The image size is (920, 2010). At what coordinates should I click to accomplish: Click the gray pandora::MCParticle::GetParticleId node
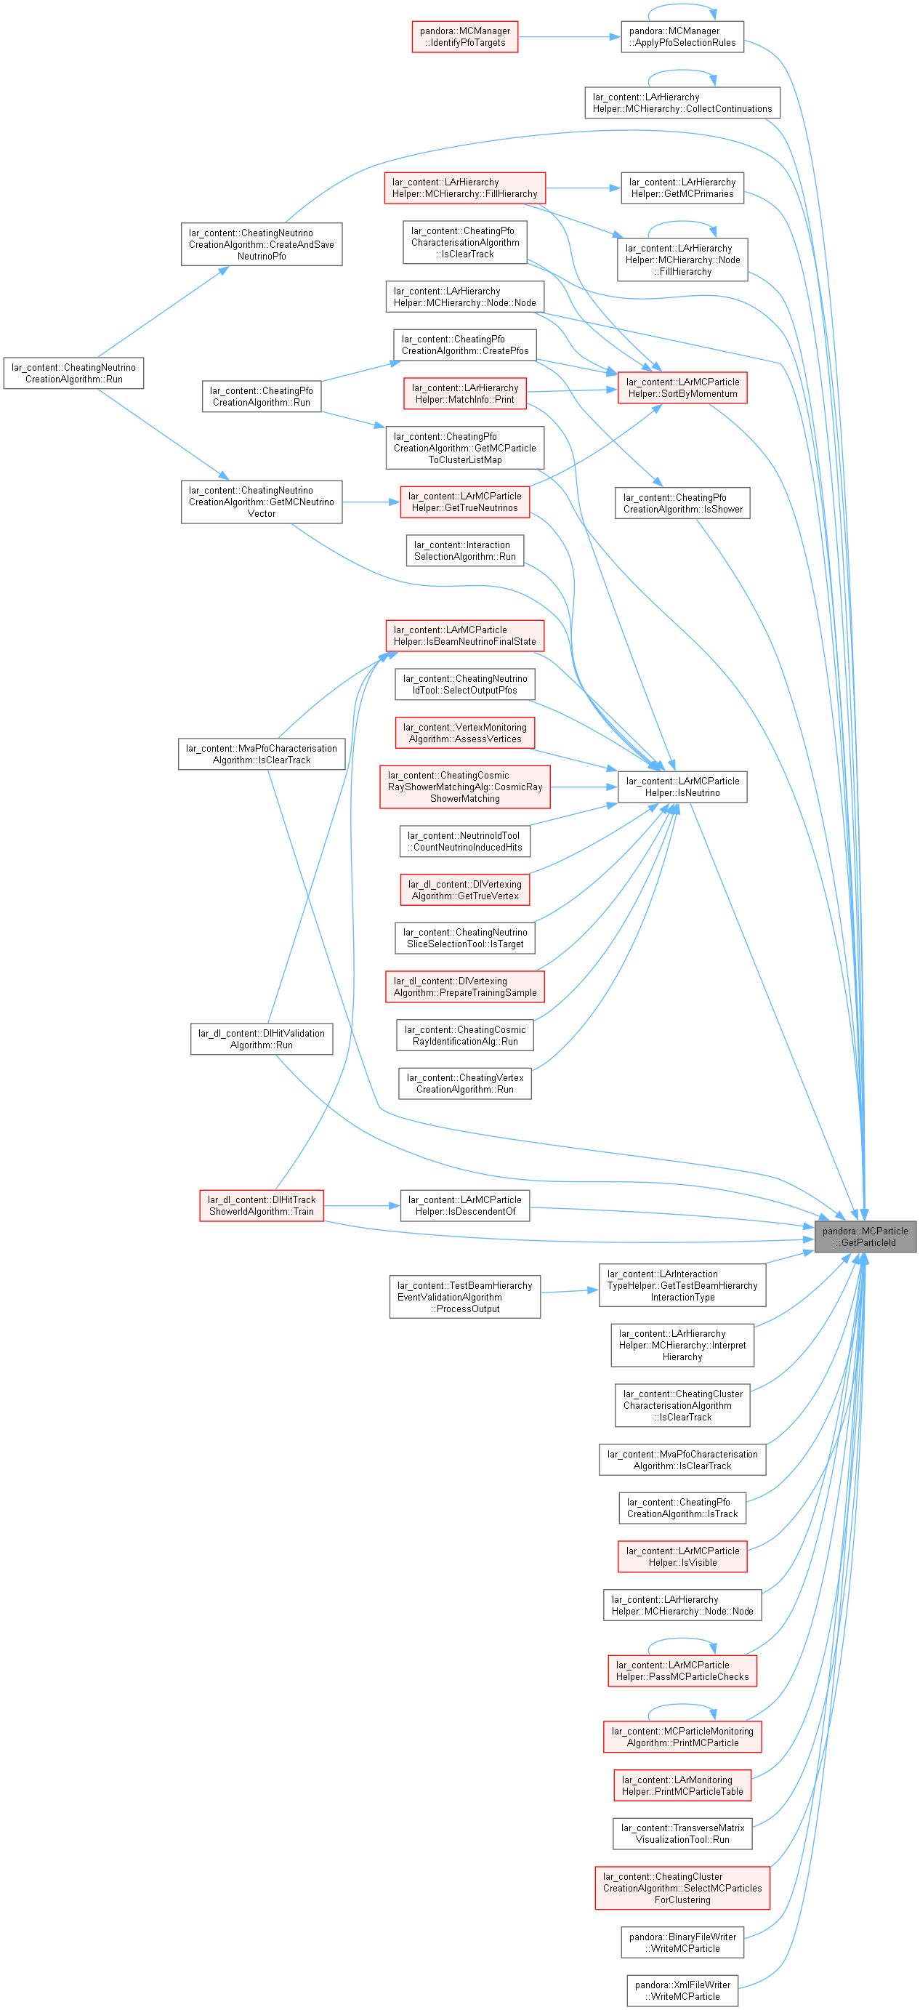click(865, 1237)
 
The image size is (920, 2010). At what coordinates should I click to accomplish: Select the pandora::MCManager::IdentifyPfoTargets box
click(465, 36)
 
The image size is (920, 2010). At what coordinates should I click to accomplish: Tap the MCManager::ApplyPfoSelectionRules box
click(682, 36)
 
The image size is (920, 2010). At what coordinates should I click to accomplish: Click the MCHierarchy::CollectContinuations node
click(682, 103)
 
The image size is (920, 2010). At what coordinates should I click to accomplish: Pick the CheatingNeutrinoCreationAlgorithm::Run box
click(73, 373)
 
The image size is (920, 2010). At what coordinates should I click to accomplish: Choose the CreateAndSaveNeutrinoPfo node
click(262, 244)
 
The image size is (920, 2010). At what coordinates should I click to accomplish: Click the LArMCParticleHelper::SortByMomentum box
click(682, 387)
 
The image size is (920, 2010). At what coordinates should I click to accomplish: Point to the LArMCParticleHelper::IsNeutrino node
click(682, 787)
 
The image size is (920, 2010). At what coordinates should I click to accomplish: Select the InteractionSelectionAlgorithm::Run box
click(465, 550)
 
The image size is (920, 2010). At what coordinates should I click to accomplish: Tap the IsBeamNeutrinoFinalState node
click(465, 635)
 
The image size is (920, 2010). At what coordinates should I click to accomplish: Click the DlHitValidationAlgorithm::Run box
click(262, 1039)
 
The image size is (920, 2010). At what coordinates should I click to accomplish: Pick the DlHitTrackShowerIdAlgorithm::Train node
click(262, 1205)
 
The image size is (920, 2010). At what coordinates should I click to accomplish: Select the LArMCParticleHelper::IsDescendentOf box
click(465, 1205)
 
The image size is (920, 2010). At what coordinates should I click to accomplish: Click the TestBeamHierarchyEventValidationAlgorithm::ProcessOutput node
click(465, 1297)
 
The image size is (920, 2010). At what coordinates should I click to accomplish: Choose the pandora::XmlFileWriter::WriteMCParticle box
click(682, 1990)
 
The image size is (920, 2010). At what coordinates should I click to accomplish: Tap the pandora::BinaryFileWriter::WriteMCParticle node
click(682, 1942)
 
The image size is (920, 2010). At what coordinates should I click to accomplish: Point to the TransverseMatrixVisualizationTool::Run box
click(682, 1833)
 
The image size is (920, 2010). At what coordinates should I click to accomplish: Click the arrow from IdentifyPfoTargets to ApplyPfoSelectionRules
click(570, 36)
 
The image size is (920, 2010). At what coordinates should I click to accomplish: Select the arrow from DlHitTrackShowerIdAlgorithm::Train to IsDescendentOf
click(362, 1205)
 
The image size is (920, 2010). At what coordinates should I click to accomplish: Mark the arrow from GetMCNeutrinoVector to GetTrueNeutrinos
click(371, 502)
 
